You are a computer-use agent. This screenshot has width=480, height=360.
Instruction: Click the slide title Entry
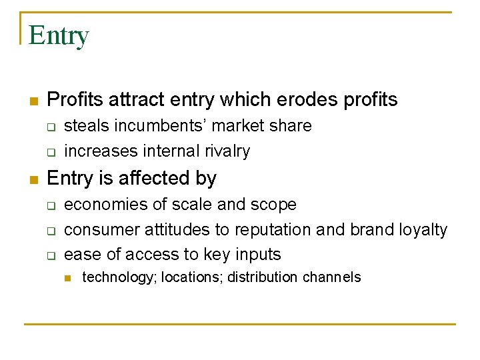(x=59, y=35)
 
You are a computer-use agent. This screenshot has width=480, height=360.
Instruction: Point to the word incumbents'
(x=156, y=126)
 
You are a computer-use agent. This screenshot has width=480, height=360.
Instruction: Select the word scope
(x=274, y=204)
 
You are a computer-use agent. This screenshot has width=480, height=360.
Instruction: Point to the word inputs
(x=257, y=254)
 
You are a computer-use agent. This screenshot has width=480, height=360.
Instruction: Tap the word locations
(x=191, y=277)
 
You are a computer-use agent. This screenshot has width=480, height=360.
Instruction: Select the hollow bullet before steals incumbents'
(x=51, y=127)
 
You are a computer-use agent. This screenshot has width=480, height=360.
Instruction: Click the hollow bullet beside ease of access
(x=51, y=255)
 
